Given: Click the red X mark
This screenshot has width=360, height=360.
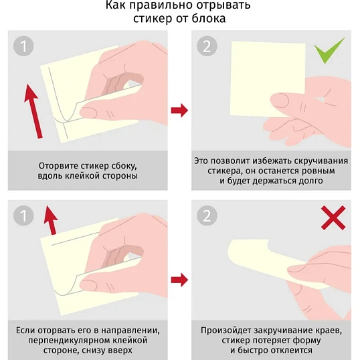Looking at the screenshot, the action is [x=333, y=217].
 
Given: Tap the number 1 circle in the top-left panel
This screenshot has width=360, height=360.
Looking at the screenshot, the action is [x=23, y=46].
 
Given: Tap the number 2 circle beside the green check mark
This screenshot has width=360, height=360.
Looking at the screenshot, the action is [x=207, y=46].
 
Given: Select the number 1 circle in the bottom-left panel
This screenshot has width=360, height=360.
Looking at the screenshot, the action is [x=23, y=215].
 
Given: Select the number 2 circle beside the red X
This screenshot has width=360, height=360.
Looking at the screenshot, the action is [x=207, y=215].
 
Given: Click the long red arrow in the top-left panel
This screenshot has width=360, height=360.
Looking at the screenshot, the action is [x=33, y=111].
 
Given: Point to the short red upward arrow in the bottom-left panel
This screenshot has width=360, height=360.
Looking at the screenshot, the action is [x=51, y=220].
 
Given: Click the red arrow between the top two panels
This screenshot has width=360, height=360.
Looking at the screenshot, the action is [x=179, y=110].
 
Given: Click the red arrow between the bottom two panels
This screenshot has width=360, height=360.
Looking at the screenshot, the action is [x=179, y=280].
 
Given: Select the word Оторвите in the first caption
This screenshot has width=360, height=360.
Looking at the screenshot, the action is [x=56, y=166].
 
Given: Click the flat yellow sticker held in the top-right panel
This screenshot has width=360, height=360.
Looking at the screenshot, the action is [x=268, y=79].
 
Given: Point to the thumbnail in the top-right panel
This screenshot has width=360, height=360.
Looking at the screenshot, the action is [x=280, y=100].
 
